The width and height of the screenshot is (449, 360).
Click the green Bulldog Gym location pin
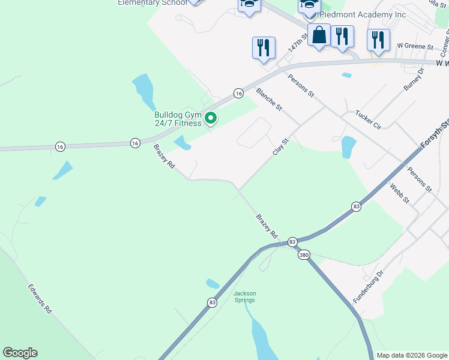[211, 119]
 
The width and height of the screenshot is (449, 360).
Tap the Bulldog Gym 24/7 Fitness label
[178, 119]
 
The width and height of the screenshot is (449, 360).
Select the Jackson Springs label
[244, 296]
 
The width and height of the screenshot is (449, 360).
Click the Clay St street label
[281, 146]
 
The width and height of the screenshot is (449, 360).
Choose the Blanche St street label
[269, 99]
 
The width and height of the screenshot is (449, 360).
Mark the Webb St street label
[399, 193]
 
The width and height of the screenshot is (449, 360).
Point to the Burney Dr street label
[414, 79]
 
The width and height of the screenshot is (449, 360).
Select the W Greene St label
[415, 46]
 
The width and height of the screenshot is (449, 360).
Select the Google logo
[20, 353]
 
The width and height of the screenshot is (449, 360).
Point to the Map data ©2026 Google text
[412, 355]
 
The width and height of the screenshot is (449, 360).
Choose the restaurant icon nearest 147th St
[264, 47]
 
